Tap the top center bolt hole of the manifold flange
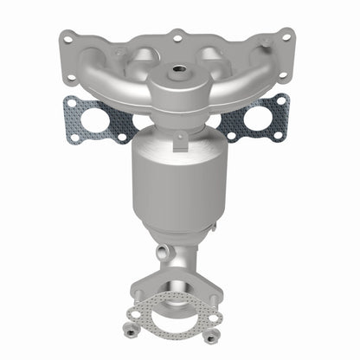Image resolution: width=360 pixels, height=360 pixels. [x=177, y=38]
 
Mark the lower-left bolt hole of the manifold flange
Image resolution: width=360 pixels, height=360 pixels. [x=68, y=78]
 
